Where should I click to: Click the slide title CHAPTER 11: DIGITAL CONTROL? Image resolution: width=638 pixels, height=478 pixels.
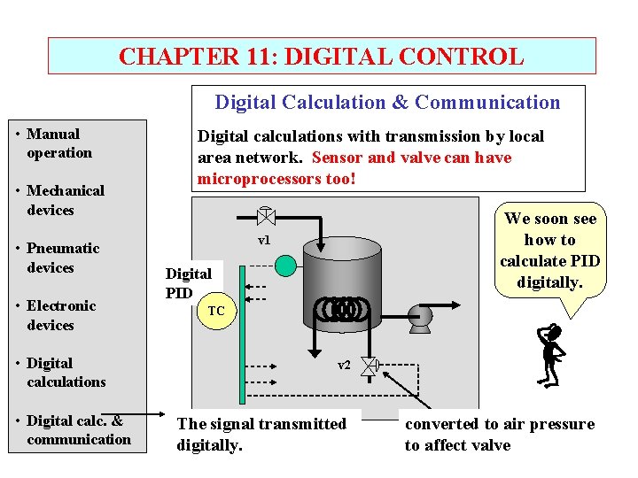[x=321, y=57]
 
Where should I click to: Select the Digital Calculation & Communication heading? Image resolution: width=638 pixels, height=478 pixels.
[x=387, y=103]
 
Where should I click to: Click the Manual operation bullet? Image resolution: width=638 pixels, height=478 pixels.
[x=58, y=143]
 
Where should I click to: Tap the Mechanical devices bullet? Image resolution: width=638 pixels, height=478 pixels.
[x=65, y=200]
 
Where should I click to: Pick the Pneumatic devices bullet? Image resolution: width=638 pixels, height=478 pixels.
[x=62, y=258]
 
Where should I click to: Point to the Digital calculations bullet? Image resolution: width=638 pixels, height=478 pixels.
[x=66, y=373]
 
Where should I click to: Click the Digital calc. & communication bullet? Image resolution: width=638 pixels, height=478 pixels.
[x=78, y=430]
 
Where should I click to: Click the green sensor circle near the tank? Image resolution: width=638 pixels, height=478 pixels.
[x=284, y=265]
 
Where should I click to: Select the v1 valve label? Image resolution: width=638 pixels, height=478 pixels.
[x=264, y=241]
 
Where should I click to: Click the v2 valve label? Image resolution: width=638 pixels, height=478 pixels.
[x=344, y=365]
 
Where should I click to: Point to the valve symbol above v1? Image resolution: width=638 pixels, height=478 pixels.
[x=264, y=215]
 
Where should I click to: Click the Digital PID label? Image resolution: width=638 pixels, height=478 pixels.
[x=188, y=282]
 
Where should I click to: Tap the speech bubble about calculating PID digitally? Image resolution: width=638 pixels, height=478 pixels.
[x=549, y=251]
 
